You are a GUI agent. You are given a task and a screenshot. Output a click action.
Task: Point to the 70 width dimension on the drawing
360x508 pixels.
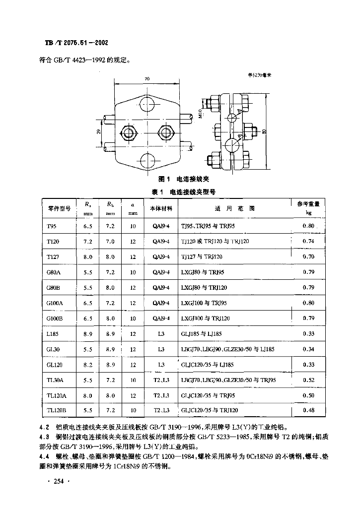tap(147, 79)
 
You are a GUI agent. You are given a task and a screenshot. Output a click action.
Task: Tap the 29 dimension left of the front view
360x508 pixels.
tap(99, 131)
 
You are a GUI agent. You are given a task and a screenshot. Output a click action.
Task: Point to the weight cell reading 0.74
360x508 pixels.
tap(308, 242)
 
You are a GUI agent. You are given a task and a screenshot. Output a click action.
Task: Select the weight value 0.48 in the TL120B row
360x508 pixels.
tap(308, 410)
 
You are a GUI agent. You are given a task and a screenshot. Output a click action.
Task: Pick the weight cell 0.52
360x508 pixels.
tap(308, 380)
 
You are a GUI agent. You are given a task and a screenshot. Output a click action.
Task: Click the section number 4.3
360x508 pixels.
tap(44, 437)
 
